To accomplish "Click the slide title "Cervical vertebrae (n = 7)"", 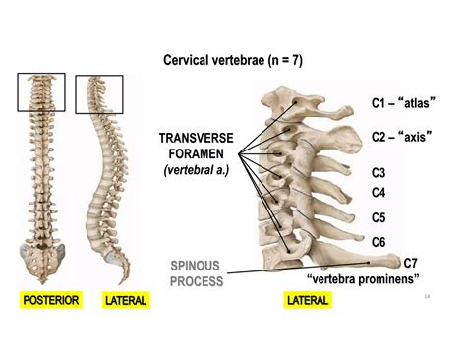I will [x=233, y=61].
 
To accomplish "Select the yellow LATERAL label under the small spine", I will [x=126, y=299].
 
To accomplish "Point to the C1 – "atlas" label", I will [x=403, y=102].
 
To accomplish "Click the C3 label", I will [x=379, y=172].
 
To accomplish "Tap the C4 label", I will [x=379, y=192].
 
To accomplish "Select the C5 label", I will [x=379, y=216].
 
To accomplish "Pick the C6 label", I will [x=379, y=241].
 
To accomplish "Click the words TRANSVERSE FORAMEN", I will [x=197, y=146].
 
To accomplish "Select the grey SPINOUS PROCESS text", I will [x=197, y=272].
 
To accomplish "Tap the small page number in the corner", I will [x=426, y=295].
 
